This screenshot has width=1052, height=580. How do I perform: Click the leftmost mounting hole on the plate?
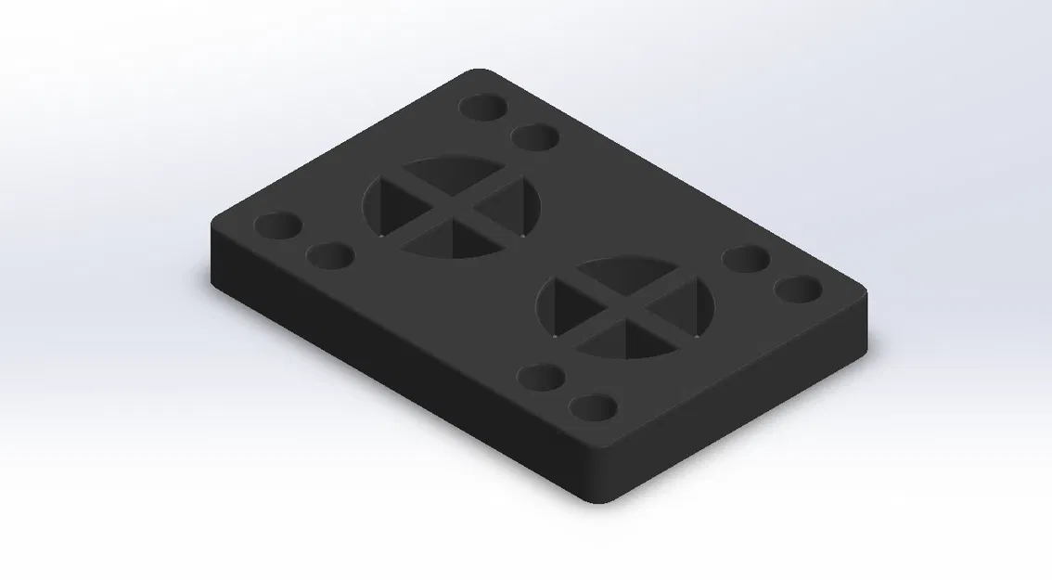click(278, 226)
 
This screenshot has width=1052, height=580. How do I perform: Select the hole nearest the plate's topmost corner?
click(483, 108)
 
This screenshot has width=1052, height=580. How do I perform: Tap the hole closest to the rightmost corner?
click(800, 290)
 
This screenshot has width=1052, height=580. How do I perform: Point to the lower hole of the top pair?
click(535, 137)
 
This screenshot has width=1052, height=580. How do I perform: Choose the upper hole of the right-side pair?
click(747, 259)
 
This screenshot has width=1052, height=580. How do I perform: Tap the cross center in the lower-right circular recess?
click(626, 307)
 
